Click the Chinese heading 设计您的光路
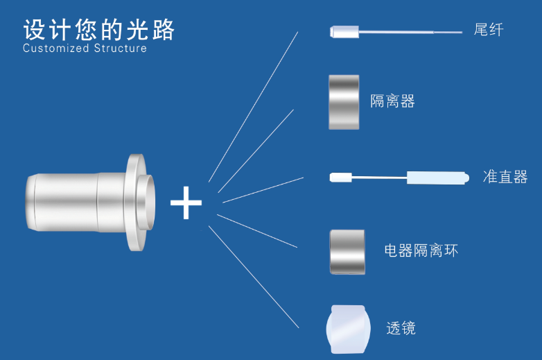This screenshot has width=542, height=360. click(x=99, y=30)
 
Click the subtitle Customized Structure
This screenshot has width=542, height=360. click(x=85, y=49)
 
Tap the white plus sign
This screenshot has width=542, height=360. click(x=186, y=203)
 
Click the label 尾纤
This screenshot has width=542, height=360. click(x=489, y=30)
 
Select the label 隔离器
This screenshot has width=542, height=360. click(x=392, y=101)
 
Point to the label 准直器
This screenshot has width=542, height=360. click(x=505, y=176)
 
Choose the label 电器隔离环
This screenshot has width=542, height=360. click(x=421, y=250)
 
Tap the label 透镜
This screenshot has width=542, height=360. click(x=401, y=327)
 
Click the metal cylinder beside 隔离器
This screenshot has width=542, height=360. click(x=344, y=101)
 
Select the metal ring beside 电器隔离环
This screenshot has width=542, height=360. click(x=345, y=251)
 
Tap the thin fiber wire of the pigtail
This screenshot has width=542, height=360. click(x=409, y=31)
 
